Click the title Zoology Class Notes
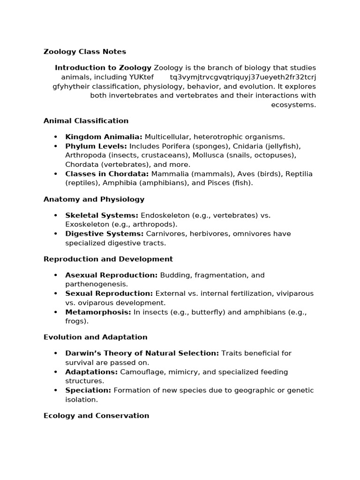[x=85, y=52]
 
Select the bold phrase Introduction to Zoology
[x=103, y=68]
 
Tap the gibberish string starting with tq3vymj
[x=243, y=77]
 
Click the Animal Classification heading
[x=86, y=121]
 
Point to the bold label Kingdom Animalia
[x=104, y=137]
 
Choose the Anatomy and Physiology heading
[x=94, y=200]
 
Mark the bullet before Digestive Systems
[x=56, y=234]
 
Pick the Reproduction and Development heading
[x=108, y=259]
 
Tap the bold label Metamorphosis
[x=98, y=312]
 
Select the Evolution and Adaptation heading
[x=96, y=337]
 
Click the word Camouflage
[x=143, y=372]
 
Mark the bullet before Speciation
[x=56, y=390]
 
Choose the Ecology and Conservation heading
[x=96, y=416]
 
